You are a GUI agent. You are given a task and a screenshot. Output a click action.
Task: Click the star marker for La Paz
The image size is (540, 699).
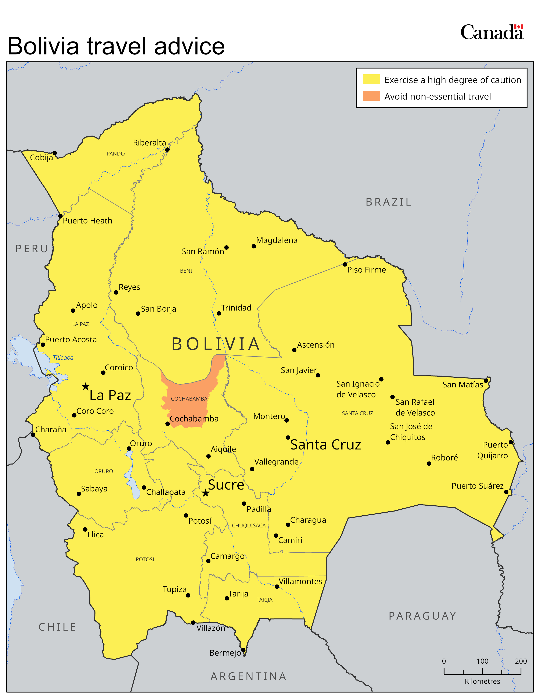click(x=85, y=386)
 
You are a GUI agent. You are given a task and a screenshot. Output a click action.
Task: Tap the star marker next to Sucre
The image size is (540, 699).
click(x=205, y=493)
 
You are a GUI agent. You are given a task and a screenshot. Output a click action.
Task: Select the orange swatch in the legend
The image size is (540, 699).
click(x=371, y=96)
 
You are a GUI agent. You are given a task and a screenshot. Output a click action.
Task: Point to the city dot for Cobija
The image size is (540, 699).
click(x=55, y=153)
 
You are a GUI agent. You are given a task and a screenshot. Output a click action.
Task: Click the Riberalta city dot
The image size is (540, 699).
click(x=167, y=150)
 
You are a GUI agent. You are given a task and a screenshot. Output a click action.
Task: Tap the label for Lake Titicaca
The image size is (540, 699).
click(x=63, y=358)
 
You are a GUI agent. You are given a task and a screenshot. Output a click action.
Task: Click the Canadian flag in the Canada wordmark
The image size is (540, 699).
click(x=519, y=27)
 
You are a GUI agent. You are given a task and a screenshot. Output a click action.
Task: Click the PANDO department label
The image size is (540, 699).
click(x=115, y=154)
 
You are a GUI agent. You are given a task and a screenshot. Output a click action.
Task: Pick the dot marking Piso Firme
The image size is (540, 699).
click(x=345, y=264)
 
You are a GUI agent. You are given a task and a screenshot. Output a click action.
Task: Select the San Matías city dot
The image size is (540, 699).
click(x=486, y=381)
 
